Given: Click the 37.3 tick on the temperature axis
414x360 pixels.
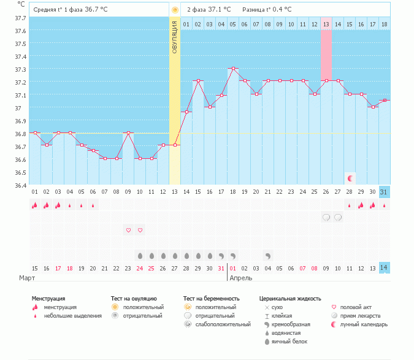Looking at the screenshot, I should tap(21, 69).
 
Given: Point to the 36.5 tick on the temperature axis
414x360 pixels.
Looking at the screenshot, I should tap(21, 172).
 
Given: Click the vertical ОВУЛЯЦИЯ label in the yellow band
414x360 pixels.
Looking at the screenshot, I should tap(175, 37).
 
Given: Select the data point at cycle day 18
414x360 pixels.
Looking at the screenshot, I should tap(233, 69).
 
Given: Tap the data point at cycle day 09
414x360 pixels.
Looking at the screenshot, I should tap(128, 132).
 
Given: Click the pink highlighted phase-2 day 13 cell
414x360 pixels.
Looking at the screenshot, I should tap(326, 24).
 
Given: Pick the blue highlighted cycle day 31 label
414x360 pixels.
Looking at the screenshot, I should tap(384, 192).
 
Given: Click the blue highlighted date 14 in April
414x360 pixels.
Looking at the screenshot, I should tap(384, 269).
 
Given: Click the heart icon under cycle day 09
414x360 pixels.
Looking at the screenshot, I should tap(128, 230).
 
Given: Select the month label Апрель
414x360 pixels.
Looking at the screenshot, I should tap(240, 278).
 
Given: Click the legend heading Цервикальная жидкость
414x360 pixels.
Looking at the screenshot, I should tap(290, 299).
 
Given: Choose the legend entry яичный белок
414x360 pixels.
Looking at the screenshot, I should tap(290, 341).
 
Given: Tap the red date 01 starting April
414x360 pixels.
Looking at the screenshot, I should tap(232, 269).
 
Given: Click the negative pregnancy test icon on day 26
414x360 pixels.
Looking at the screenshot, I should tap(326, 217).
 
